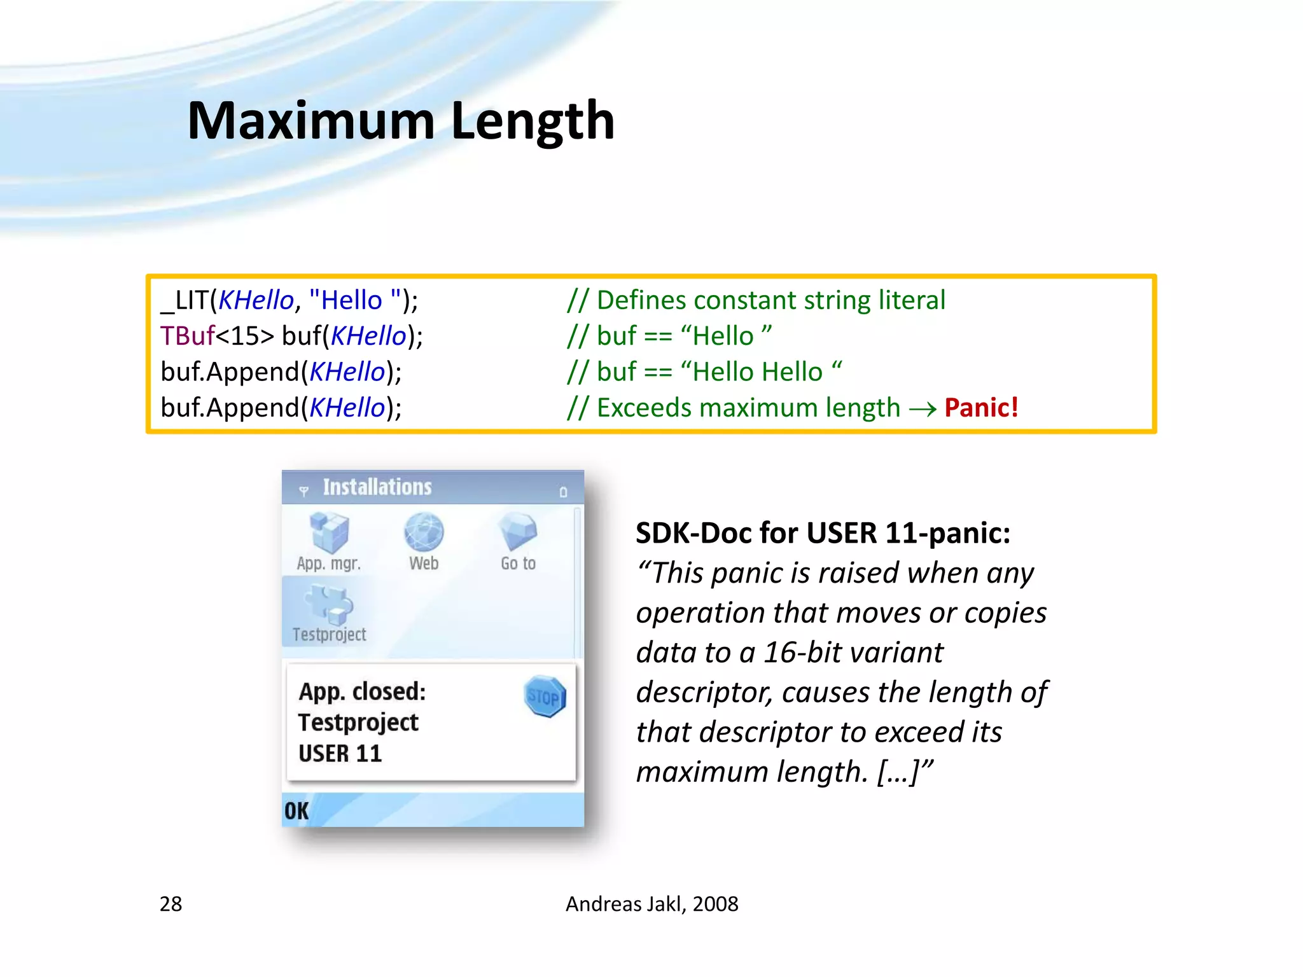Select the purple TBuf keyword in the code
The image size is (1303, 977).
pyautogui.click(x=187, y=336)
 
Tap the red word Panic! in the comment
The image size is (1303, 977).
pyautogui.click(x=981, y=408)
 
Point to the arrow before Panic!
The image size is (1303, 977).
pyautogui.click(x=922, y=409)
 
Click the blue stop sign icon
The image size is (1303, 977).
pyautogui.click(x=545, y=697)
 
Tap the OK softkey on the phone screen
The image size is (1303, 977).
pyautogui.click(x=296, y=811)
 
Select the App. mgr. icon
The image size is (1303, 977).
pyautogui.click(x=329, y=533)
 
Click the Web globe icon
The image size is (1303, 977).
pyautogui.click(x=424, y=532)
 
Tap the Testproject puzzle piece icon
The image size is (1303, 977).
pyautogui.click(x=330, y=604)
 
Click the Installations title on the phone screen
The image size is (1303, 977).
pyautogui.click(x=377, y=487)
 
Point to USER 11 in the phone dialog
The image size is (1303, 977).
pyautogui.click(x=340, y=754)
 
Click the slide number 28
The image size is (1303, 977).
pyautogui.click(x=171, y=904)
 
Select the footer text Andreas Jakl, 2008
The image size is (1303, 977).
pyautogui.click(x=651, y=904)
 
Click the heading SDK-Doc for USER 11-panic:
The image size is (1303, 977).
pyautogui.click(x=823, y=533)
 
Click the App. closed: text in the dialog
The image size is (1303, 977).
pyautogui.click(x=362, y=691)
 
